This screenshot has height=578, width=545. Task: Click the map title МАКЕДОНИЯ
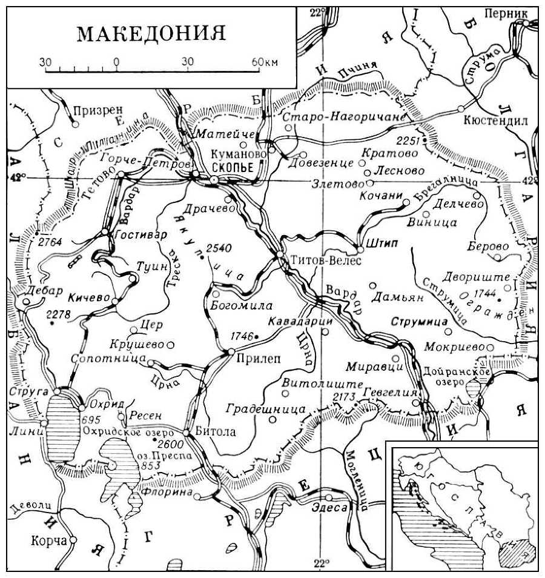pos(151,34)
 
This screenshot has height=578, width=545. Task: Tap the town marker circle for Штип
pos(359,248)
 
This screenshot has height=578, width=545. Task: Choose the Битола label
pos(216,433)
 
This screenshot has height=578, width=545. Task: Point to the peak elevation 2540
pos(219,248)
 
